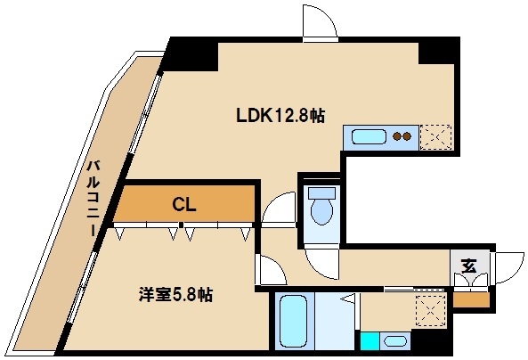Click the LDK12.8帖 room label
point(279,115)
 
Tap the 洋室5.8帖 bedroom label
point(175,293)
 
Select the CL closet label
point(183,205)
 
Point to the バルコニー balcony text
point(93,198)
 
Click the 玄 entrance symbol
point(468,265)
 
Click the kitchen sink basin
point(369,137)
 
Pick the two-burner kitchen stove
point(402,137)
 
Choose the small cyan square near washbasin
point(369,341)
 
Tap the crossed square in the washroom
point(430,311)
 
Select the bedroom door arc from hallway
point(266,270)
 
